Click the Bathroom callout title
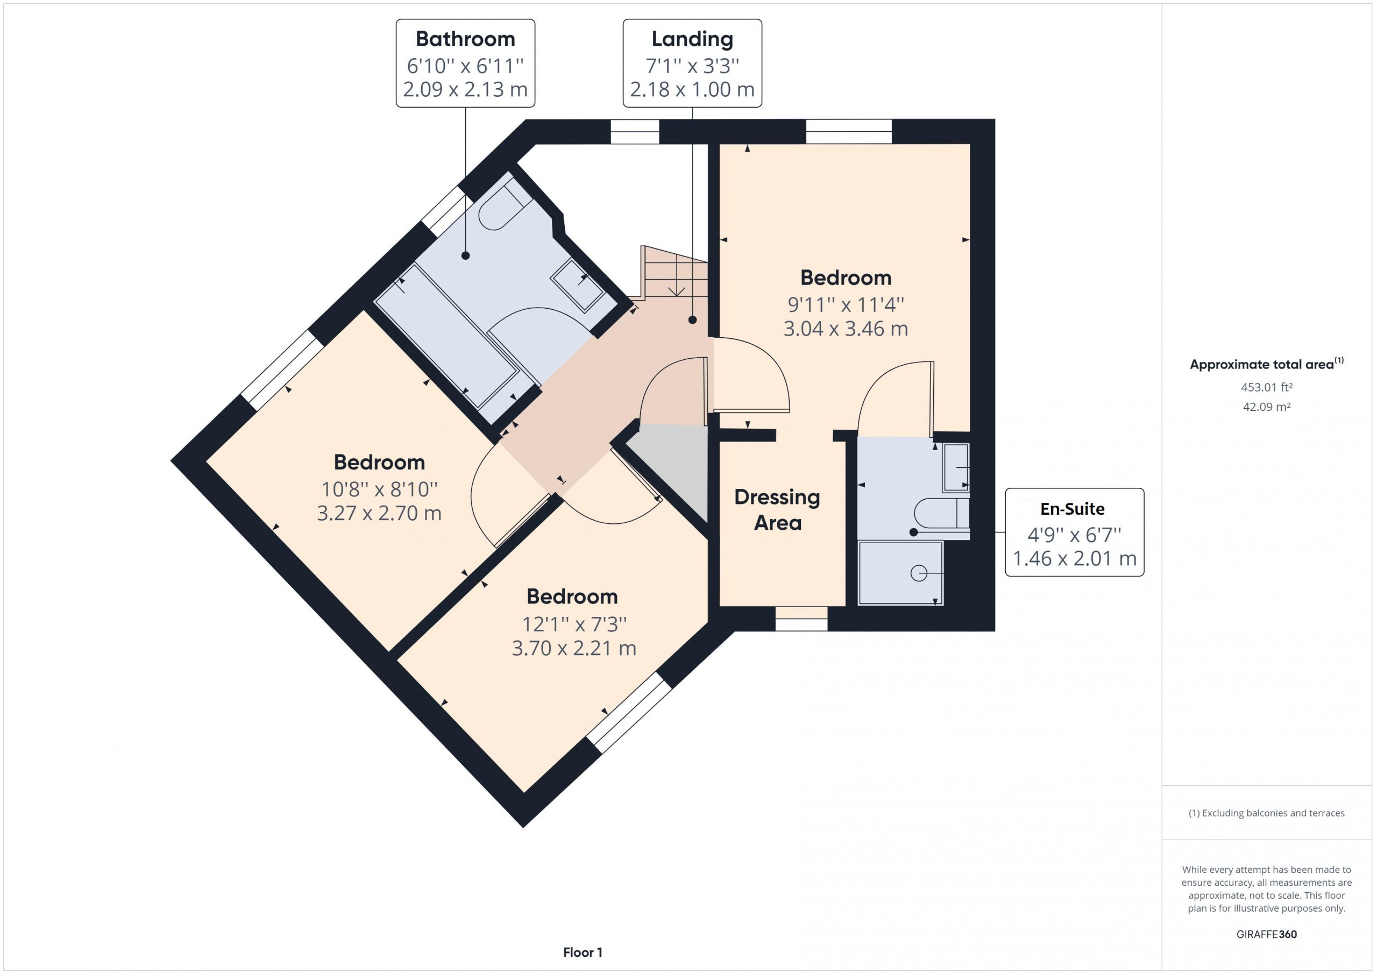[465, 39]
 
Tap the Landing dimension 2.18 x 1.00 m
[692, 89]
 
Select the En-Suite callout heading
[1073, 509]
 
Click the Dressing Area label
[777, 510]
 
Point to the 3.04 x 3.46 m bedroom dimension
[846, 329]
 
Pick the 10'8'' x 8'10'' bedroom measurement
[379, 489]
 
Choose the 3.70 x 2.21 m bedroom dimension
[573, 648]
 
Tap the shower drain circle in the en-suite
[918, 573]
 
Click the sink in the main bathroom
[578, 286]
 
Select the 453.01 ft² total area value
[1266, 387]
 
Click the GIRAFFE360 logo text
[1266, 934]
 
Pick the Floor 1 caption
[583, 952]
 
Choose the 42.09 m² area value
[1266, 407]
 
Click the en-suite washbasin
[955, 467]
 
